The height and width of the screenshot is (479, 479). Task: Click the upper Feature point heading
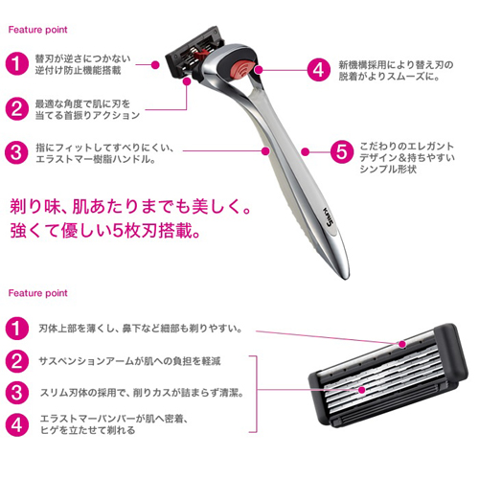point(37,30)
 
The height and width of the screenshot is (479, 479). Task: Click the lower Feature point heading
point(37,293)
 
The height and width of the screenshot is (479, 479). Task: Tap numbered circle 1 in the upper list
point(17,64)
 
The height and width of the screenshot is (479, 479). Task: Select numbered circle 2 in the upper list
point(17,109)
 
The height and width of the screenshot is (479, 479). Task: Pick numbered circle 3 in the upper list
point(17,152)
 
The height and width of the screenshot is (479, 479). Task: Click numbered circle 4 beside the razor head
point(319,70)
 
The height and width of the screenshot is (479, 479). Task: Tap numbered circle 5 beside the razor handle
point(342,152)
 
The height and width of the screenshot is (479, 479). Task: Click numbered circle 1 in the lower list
point(17,329)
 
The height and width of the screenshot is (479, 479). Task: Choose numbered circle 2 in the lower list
point(17,361)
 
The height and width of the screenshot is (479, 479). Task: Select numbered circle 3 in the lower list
point(17,393)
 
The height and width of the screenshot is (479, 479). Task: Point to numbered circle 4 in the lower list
point(17,425)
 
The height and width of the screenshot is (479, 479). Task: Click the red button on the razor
point(242,70)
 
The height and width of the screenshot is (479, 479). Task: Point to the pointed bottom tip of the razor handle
point(346,278)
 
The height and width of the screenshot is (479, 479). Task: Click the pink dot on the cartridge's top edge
point(402,344)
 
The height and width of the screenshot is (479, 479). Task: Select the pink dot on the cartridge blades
point(361,390)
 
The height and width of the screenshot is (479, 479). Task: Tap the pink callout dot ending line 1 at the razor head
point(155,65)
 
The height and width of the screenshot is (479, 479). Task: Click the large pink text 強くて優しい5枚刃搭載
point(105,231)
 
